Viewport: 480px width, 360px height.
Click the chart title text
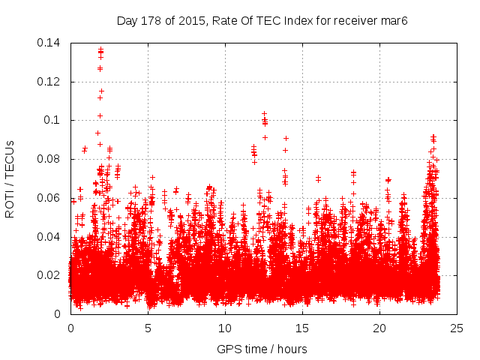[262, 20]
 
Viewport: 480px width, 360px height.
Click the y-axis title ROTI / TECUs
[10, 178]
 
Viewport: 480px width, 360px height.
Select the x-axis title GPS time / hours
[262, 349]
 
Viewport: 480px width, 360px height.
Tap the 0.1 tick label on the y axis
[52, 120]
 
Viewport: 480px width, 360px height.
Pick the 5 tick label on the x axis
[148, 328]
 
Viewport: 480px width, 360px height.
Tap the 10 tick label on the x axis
[225, 328]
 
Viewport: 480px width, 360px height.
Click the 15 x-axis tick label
[302, 328]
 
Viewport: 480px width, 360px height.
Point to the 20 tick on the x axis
[379, 328]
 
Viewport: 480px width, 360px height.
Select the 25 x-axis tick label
[457, 328]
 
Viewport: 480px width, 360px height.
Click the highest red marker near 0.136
[100, 49]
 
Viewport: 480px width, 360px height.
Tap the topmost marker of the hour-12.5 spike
[264, 113]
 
